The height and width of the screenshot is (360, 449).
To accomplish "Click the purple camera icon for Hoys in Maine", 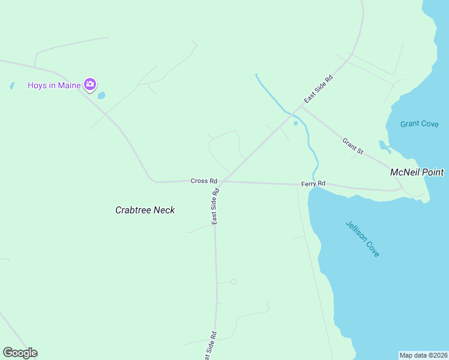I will point(90,85).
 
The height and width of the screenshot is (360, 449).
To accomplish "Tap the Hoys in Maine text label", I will point(54,85).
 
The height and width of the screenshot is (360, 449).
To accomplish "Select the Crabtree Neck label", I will point(145,210).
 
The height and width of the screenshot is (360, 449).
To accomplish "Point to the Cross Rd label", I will point(203,181).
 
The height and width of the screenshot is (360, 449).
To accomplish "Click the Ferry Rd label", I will point(313,183).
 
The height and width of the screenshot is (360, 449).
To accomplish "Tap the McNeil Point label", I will point(417,172).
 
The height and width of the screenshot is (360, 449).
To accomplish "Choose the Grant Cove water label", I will point(420,124).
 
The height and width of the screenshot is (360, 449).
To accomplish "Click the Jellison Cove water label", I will point(363,239).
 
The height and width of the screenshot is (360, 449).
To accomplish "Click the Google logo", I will point(20,352).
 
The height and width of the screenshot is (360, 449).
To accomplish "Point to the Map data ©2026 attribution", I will point(423,355).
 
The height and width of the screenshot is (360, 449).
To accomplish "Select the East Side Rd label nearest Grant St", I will point(318,88).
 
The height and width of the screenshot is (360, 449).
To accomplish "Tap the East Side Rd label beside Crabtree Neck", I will point(215,206).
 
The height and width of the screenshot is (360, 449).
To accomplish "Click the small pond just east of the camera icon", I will point(101,95).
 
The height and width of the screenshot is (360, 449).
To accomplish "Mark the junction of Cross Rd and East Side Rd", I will point(221,181).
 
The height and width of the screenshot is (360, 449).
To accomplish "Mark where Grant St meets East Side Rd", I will point(302,108).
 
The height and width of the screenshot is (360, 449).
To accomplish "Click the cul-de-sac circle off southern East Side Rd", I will point(234,281).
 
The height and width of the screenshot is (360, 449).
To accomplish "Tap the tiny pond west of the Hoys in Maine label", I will point(12,86).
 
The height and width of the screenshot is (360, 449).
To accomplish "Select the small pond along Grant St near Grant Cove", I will point(383,145).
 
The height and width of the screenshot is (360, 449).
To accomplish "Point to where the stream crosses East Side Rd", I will point(292,114).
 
